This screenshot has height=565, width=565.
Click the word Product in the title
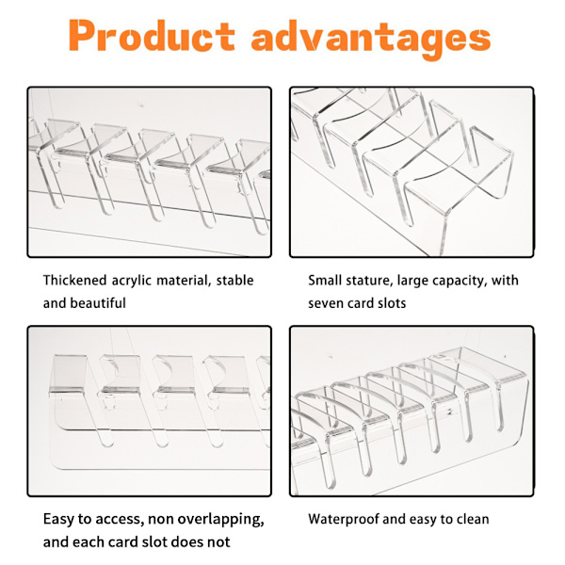[152, 36]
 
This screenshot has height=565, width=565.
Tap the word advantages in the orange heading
[371, 39]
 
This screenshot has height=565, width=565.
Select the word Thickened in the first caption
[75, 280]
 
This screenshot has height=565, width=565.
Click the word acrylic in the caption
[131, 281]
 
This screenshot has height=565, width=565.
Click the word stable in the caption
[234, 280]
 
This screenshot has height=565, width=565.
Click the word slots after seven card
[392, 302]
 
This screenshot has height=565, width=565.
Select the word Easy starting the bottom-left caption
[58, 520]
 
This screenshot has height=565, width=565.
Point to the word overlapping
[220, 520]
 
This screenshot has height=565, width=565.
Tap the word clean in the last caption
[473, 519]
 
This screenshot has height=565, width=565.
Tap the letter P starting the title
[82, 36]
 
